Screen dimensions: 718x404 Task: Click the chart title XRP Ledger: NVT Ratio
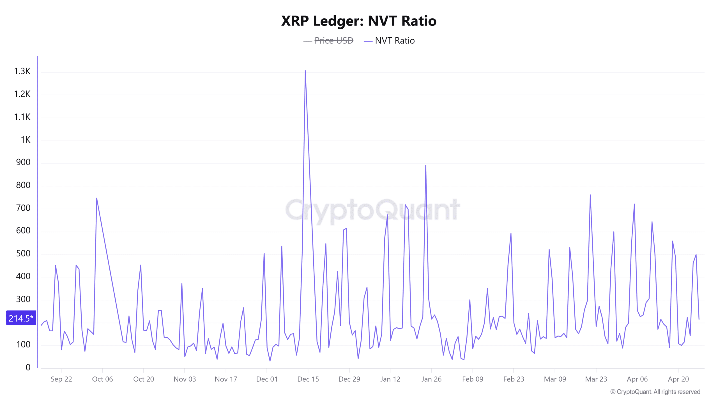(359, 21)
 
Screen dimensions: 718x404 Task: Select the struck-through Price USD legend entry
(333, 41)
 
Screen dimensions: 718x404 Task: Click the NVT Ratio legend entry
(394, 41)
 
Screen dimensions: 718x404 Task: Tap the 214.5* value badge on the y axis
(21, 318)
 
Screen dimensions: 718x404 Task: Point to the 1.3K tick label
(22, 71)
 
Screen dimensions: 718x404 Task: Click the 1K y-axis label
(26, 140)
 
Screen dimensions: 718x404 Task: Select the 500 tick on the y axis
(23, 253)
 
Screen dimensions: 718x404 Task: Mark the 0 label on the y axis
(28, 367)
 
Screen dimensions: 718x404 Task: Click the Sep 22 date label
(61, 379)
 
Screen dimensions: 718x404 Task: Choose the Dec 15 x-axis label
(308, 379)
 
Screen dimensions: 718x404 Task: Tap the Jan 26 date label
(431, 379)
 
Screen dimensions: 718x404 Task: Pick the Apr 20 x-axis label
(678, 379)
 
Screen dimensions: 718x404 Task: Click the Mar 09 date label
(555, 379)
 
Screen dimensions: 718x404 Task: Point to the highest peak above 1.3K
(305, 71)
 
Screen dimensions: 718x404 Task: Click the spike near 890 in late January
(425, 166)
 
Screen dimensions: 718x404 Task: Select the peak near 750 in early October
(96, 198)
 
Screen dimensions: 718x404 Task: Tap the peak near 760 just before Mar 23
(590, 195)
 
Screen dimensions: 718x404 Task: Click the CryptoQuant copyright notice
(655, 392)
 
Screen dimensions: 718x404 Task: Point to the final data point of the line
(699, 319)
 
